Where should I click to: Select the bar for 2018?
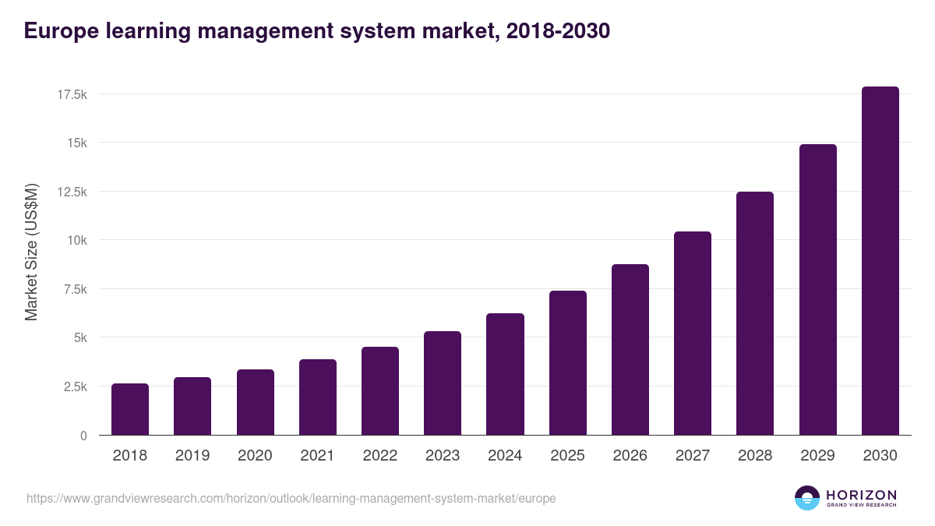pyautogui.click(x=130, y=409)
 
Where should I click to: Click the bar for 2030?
pyautogui.click(x=880, y=261)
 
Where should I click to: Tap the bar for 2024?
pyautogui.click(x=505, y=374)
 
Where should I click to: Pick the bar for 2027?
pyautogui.click(x=693, y=334)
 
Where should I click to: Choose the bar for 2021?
pyautogui.click(x=318, y=397)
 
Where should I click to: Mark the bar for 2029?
pyautogui.click(x=817, y=290)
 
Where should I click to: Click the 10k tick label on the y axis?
pyautogui.click(x=76, y=240)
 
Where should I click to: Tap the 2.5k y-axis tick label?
pyautogui.click(x=75, y=387)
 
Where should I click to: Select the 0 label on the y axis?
pyautogui.click(x=83, y=436)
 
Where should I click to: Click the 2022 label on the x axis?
pyautogui.click(x=379, y=456)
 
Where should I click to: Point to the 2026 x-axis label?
pyautogui.click(x=630, y=456)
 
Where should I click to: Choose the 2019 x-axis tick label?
pyautogui.click(x=192, y=456)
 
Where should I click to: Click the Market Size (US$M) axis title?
pyautogui.click(x=31, y=252)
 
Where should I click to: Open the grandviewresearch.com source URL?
pyautogui.click(x=291, y=498)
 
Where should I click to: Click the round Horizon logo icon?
pyautogui.click(x=807, y=498)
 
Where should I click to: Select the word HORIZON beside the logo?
pyautogui.click(x=861, y=495)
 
